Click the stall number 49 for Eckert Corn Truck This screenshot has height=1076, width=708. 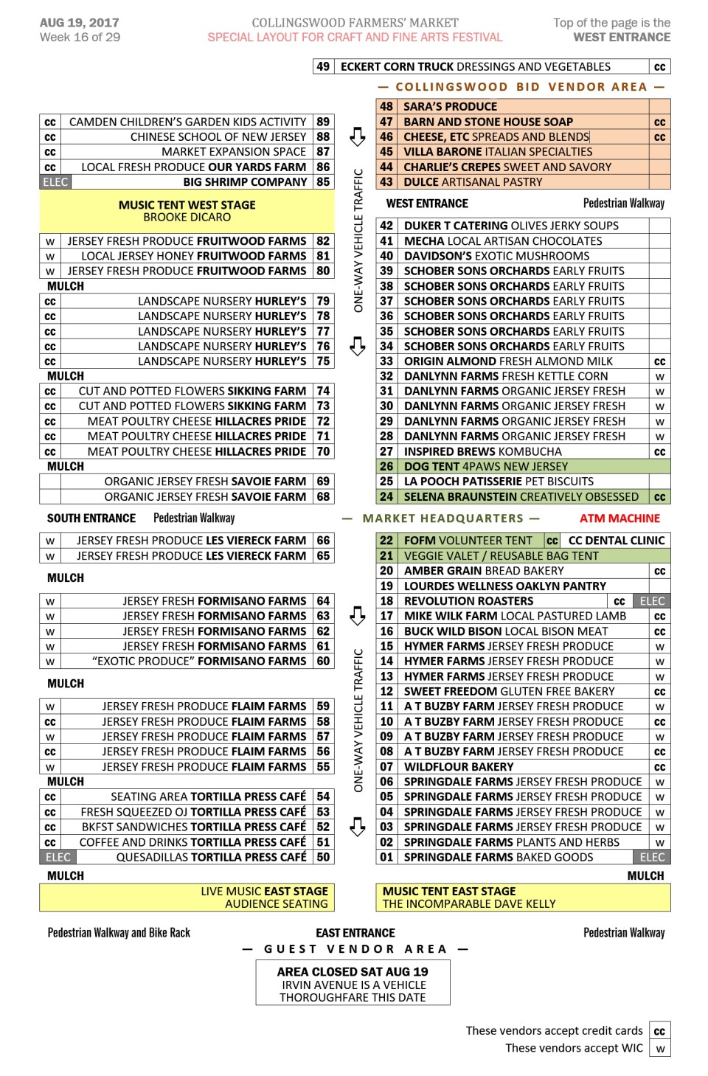tap(322, 66)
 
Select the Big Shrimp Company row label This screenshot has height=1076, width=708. tap(245, 182)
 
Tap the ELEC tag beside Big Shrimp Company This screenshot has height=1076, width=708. tap(55, 182)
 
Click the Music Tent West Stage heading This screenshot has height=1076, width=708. tap(187, 205)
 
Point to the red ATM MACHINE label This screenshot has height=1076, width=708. tap(619, 518)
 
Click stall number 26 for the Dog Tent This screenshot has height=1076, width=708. tap(386, 466)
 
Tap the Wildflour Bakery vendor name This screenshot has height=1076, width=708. tap(458, 767)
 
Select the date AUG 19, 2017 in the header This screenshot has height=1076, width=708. tap(79, 23)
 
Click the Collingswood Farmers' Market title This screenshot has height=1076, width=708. tap(355, 23)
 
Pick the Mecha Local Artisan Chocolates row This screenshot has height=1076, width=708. tap(502, 241)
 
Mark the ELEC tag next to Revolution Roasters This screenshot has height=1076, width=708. tap(652, 601)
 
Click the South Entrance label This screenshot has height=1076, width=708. tap(91, 518)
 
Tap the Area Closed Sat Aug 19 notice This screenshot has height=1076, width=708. tap(353, 972)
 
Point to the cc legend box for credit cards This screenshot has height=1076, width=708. tap(659, 1031)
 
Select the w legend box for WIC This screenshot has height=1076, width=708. tap(659, 1048)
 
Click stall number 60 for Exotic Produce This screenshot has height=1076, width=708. tap(323, 662)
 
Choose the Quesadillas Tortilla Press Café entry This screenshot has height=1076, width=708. tap(211, 857)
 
